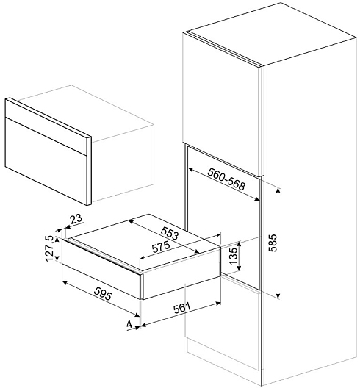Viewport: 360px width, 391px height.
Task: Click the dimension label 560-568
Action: tap(226, 179)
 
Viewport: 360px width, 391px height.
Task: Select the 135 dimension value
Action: tap(234, 256)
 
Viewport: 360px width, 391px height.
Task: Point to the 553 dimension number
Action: tap(170, 233)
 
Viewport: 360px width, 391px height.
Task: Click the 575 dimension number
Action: tap(161, 247)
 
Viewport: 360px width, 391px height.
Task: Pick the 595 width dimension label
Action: tap(103, 294)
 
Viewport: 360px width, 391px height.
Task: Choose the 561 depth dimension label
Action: tap(181, 308)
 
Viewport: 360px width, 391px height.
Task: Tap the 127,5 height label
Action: tap(50, 248)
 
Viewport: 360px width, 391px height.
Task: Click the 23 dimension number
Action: tap(76, 219)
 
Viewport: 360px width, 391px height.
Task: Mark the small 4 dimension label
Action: tap(129, 324)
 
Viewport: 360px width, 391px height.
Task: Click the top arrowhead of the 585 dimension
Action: tap(278, 189)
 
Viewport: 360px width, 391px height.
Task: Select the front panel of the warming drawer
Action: tap(101, 269)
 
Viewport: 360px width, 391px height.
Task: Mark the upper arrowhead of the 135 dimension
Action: tap(240, 243)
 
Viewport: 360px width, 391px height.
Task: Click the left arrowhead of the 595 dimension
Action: tap(65, 282)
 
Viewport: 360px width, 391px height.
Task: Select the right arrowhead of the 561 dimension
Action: tap(218, 304)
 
